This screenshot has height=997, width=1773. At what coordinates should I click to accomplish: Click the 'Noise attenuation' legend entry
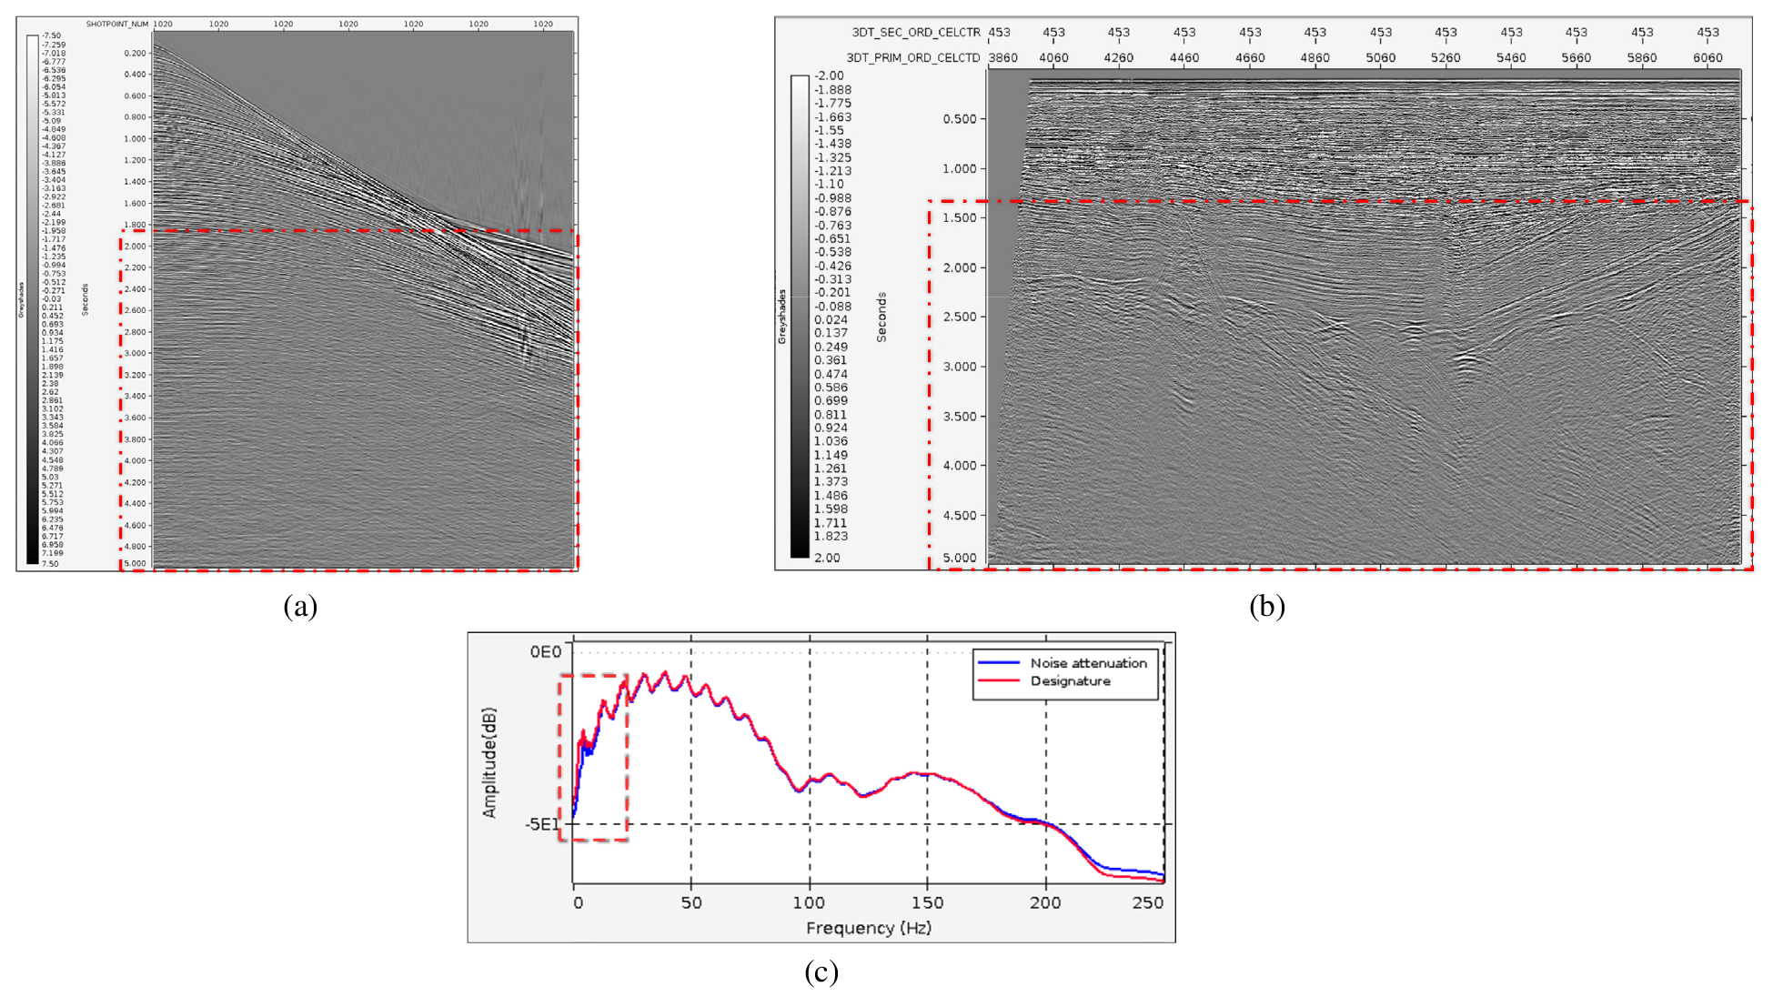tap(1088, 663)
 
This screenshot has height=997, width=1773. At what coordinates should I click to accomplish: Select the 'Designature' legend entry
tap(1070, 681)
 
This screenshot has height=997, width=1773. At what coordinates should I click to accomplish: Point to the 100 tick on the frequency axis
tap(809, 902)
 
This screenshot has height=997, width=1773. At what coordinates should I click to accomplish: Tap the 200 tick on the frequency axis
tap(1045, 902)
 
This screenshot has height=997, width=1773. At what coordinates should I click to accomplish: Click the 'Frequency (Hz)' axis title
tap(869, 928)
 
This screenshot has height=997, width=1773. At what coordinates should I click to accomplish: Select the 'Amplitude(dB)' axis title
tap(490, 762)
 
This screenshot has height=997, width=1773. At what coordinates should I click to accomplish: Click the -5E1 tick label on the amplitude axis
tap(542, 824)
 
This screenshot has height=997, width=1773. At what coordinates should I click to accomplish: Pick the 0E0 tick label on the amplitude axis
tap(546, 651)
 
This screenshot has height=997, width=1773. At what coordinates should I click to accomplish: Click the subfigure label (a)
tap(300, 607)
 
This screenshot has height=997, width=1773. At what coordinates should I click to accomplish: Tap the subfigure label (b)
tap(1266, 607)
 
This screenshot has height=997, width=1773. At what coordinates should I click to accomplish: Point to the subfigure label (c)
tap(821, 972)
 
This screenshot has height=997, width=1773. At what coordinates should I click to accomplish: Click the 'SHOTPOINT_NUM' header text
tap(117, 25)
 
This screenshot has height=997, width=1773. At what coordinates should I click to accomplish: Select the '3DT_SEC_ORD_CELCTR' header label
tap(916, 33)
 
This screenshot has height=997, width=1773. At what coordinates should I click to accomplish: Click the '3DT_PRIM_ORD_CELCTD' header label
tap(913, 58)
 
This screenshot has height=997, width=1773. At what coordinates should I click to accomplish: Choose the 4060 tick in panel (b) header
tap(1053, 58)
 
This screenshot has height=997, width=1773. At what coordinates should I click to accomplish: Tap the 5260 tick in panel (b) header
tap(1446, 58)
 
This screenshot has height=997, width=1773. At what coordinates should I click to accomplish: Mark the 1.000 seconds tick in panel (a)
tap(135, 139)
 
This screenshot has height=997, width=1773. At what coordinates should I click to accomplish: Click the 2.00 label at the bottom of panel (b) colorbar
tap(827, 558)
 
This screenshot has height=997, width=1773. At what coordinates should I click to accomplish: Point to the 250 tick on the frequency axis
tap(1148, 902)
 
